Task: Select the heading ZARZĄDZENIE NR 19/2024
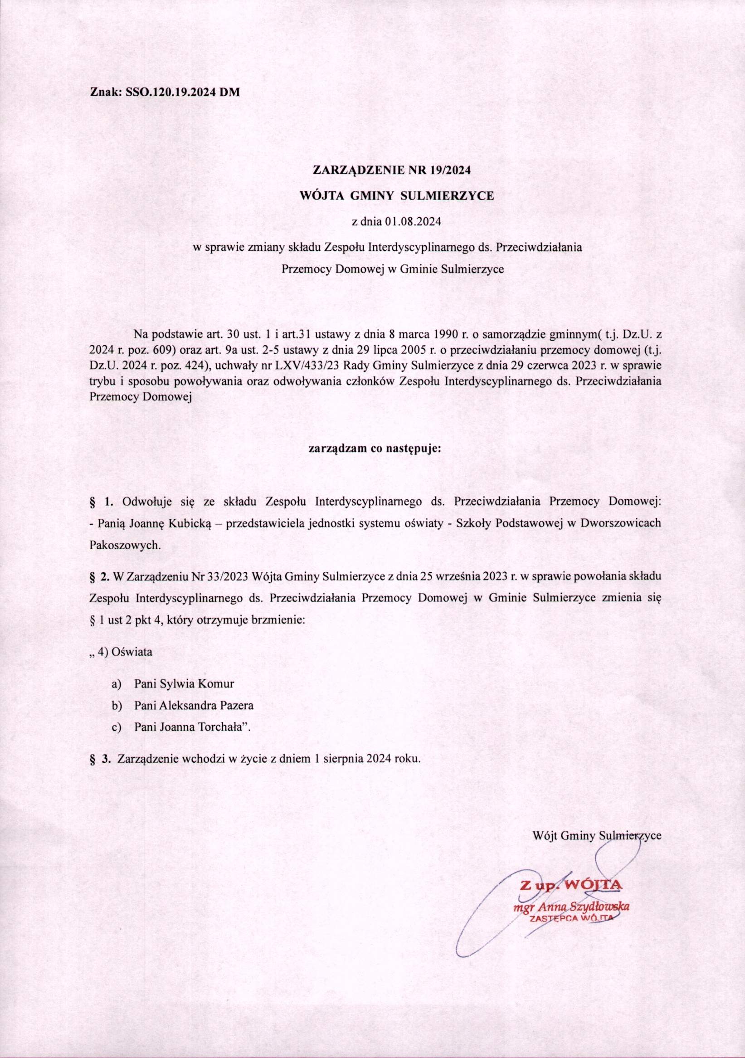pos(391,170)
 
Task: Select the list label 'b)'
pos(116,706)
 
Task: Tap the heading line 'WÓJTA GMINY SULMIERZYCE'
pos(396,196)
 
